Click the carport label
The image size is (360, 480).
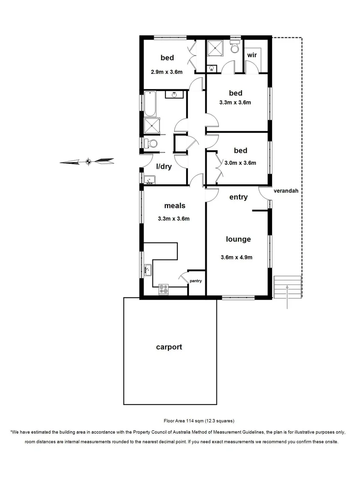click(x=169, y=347)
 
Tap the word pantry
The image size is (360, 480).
click(x=196, y=281)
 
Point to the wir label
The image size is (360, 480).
click(x=252, y=55)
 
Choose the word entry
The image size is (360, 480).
click(x=238, y=197)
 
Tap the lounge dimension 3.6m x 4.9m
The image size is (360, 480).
click(x=236, y=257)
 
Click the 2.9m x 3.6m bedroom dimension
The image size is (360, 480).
click(x=167, y=72)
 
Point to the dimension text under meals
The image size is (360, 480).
click(x=174, y=219)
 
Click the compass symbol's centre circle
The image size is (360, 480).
click(x=88, y=161)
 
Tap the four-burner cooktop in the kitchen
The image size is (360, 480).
click(x=164, y=289)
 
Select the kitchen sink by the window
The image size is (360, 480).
click(x=148, y=270)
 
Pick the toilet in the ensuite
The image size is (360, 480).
click(x=235, y=46)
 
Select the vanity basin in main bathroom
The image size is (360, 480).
click(x=174, y=95)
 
